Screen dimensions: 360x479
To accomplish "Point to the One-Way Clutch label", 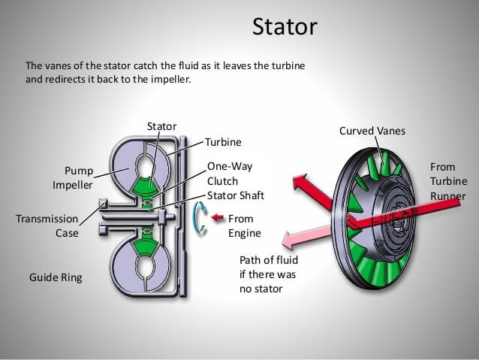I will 223,174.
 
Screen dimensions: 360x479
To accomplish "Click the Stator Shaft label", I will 235,195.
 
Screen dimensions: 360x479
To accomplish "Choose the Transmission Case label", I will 47,225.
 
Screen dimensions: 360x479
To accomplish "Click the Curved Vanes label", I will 372,131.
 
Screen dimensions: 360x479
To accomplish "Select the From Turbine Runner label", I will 447,181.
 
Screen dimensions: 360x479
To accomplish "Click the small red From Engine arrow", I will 218,218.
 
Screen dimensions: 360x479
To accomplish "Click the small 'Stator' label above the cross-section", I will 161,126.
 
